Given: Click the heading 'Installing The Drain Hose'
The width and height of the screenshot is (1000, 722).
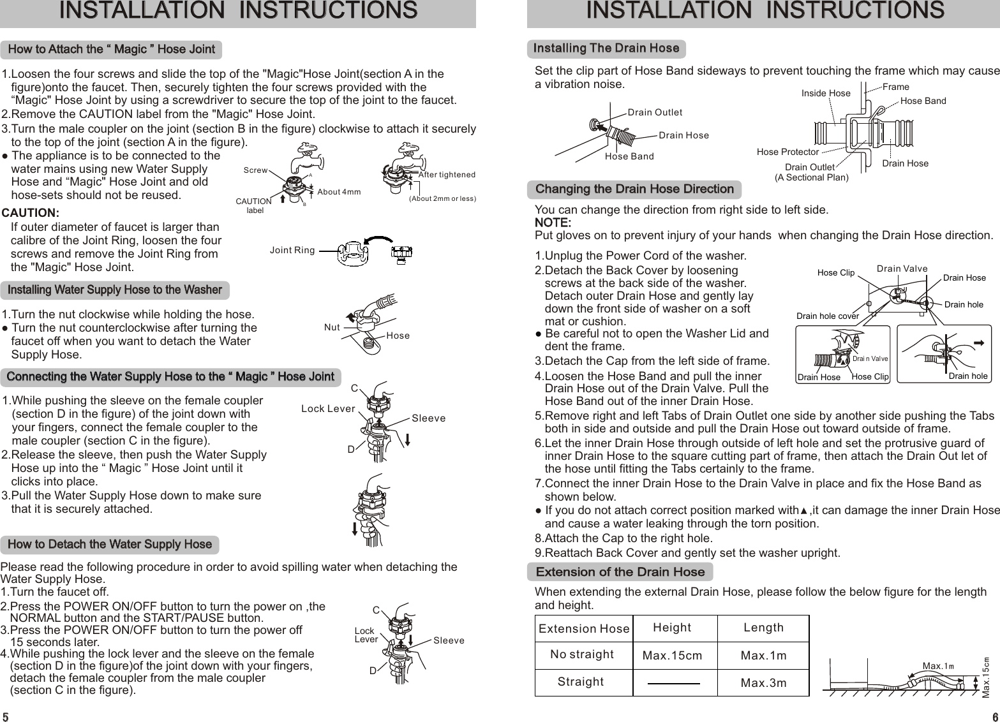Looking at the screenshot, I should tap(606, 48).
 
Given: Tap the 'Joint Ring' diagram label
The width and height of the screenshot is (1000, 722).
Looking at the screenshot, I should tap(292, 250).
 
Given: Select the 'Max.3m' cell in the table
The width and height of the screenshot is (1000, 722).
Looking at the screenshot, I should tap(763, 683).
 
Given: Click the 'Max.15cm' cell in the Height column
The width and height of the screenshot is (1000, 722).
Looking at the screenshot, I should tap(672, 656).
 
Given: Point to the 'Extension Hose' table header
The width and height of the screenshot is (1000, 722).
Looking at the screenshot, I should tap(584, 629).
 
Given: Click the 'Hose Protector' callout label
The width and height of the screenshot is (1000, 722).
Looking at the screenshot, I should tap(787, 152).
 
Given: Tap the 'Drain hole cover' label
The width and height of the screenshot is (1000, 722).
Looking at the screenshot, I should tap(828, 315).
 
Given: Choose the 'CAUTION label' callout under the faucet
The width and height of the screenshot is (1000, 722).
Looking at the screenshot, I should tap(254, 205).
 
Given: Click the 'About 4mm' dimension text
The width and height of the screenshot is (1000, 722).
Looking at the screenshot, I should tap(339, 192).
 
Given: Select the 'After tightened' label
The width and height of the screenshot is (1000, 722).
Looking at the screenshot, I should tap(447, 175).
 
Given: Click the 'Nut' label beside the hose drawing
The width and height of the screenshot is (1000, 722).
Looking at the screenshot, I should tap(332, 327).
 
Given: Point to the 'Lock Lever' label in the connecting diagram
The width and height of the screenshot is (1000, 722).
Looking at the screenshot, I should tap(327, 409).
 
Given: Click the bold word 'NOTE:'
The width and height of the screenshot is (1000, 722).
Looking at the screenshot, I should tap(552, 223).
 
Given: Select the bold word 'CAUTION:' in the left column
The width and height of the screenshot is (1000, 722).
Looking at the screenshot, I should tap(31, 212).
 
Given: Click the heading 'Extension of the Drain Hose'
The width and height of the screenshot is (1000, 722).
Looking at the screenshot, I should tap(620, 571).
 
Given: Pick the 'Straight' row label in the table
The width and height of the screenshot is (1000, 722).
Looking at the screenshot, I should tap(580, 682).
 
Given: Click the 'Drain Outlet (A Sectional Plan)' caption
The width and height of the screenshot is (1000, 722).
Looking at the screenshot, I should tap(811, 172).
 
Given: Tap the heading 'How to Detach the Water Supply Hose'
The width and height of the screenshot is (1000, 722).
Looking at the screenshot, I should tap(110, 545).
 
